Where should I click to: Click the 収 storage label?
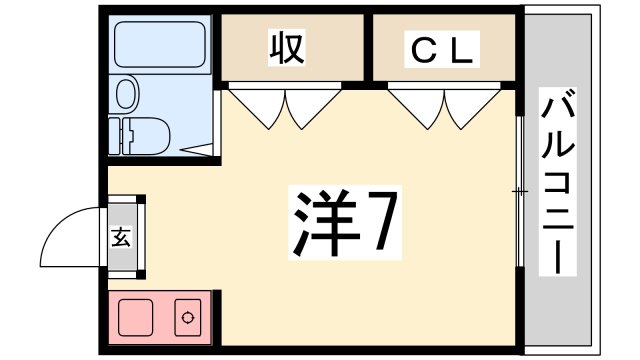[x=286, y=46]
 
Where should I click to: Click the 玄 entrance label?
[x=122, y=238]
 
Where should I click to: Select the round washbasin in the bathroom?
[x=127, y=95]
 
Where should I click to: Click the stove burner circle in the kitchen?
[x=187, y=319]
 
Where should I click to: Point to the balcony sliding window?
[x=521, y=190]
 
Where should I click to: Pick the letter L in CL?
[x=462, y=47]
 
